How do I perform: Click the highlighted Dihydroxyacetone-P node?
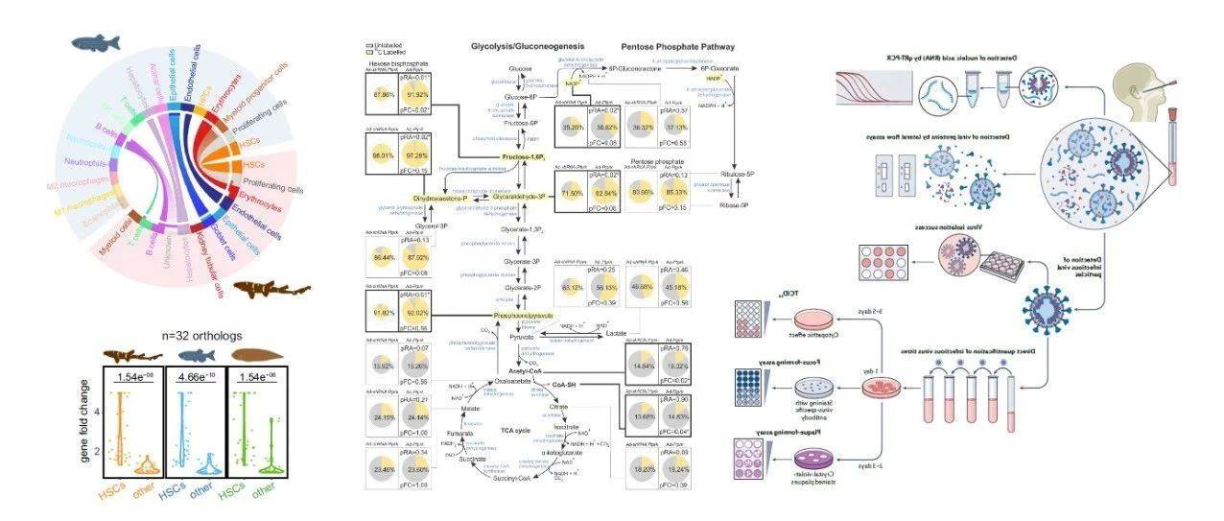tap(448, 198)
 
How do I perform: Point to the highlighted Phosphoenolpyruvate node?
tap(524, 315)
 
